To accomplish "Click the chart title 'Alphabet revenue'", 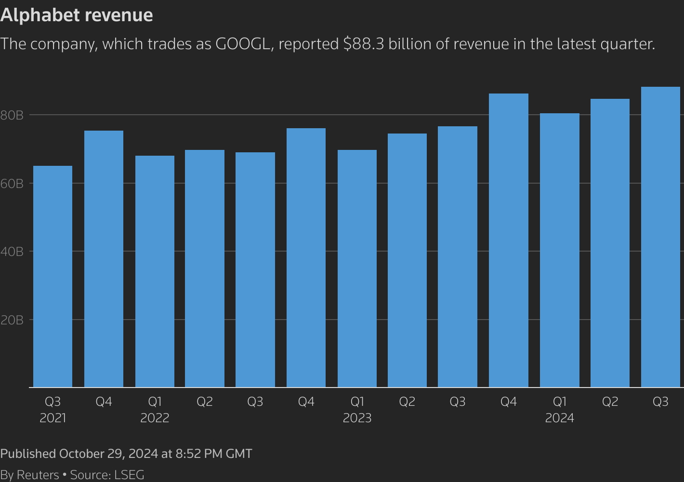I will click(x=77, y=15).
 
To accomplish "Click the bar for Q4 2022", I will click(x=306, y=257).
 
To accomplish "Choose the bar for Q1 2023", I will click(x=357, y=268).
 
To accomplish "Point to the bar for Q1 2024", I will click(x=559, y=250).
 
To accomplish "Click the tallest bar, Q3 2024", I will click(x=660, y=237).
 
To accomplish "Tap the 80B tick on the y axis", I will click(x=12, y=115).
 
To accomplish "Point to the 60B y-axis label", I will click(x=12, y=184).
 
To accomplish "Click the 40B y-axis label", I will click(x=12, y=252).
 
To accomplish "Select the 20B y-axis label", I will click(x=12, y=320).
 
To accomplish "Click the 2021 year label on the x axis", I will click(x=53, y=418).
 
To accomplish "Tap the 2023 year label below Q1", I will click(x=357, y=418).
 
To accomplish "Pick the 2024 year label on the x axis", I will click(x=559, y=418).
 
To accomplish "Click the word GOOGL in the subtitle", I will click(x=242, y=44).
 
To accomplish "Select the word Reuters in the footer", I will click(x=38, y=475).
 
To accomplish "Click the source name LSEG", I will click(x=129, y=475).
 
